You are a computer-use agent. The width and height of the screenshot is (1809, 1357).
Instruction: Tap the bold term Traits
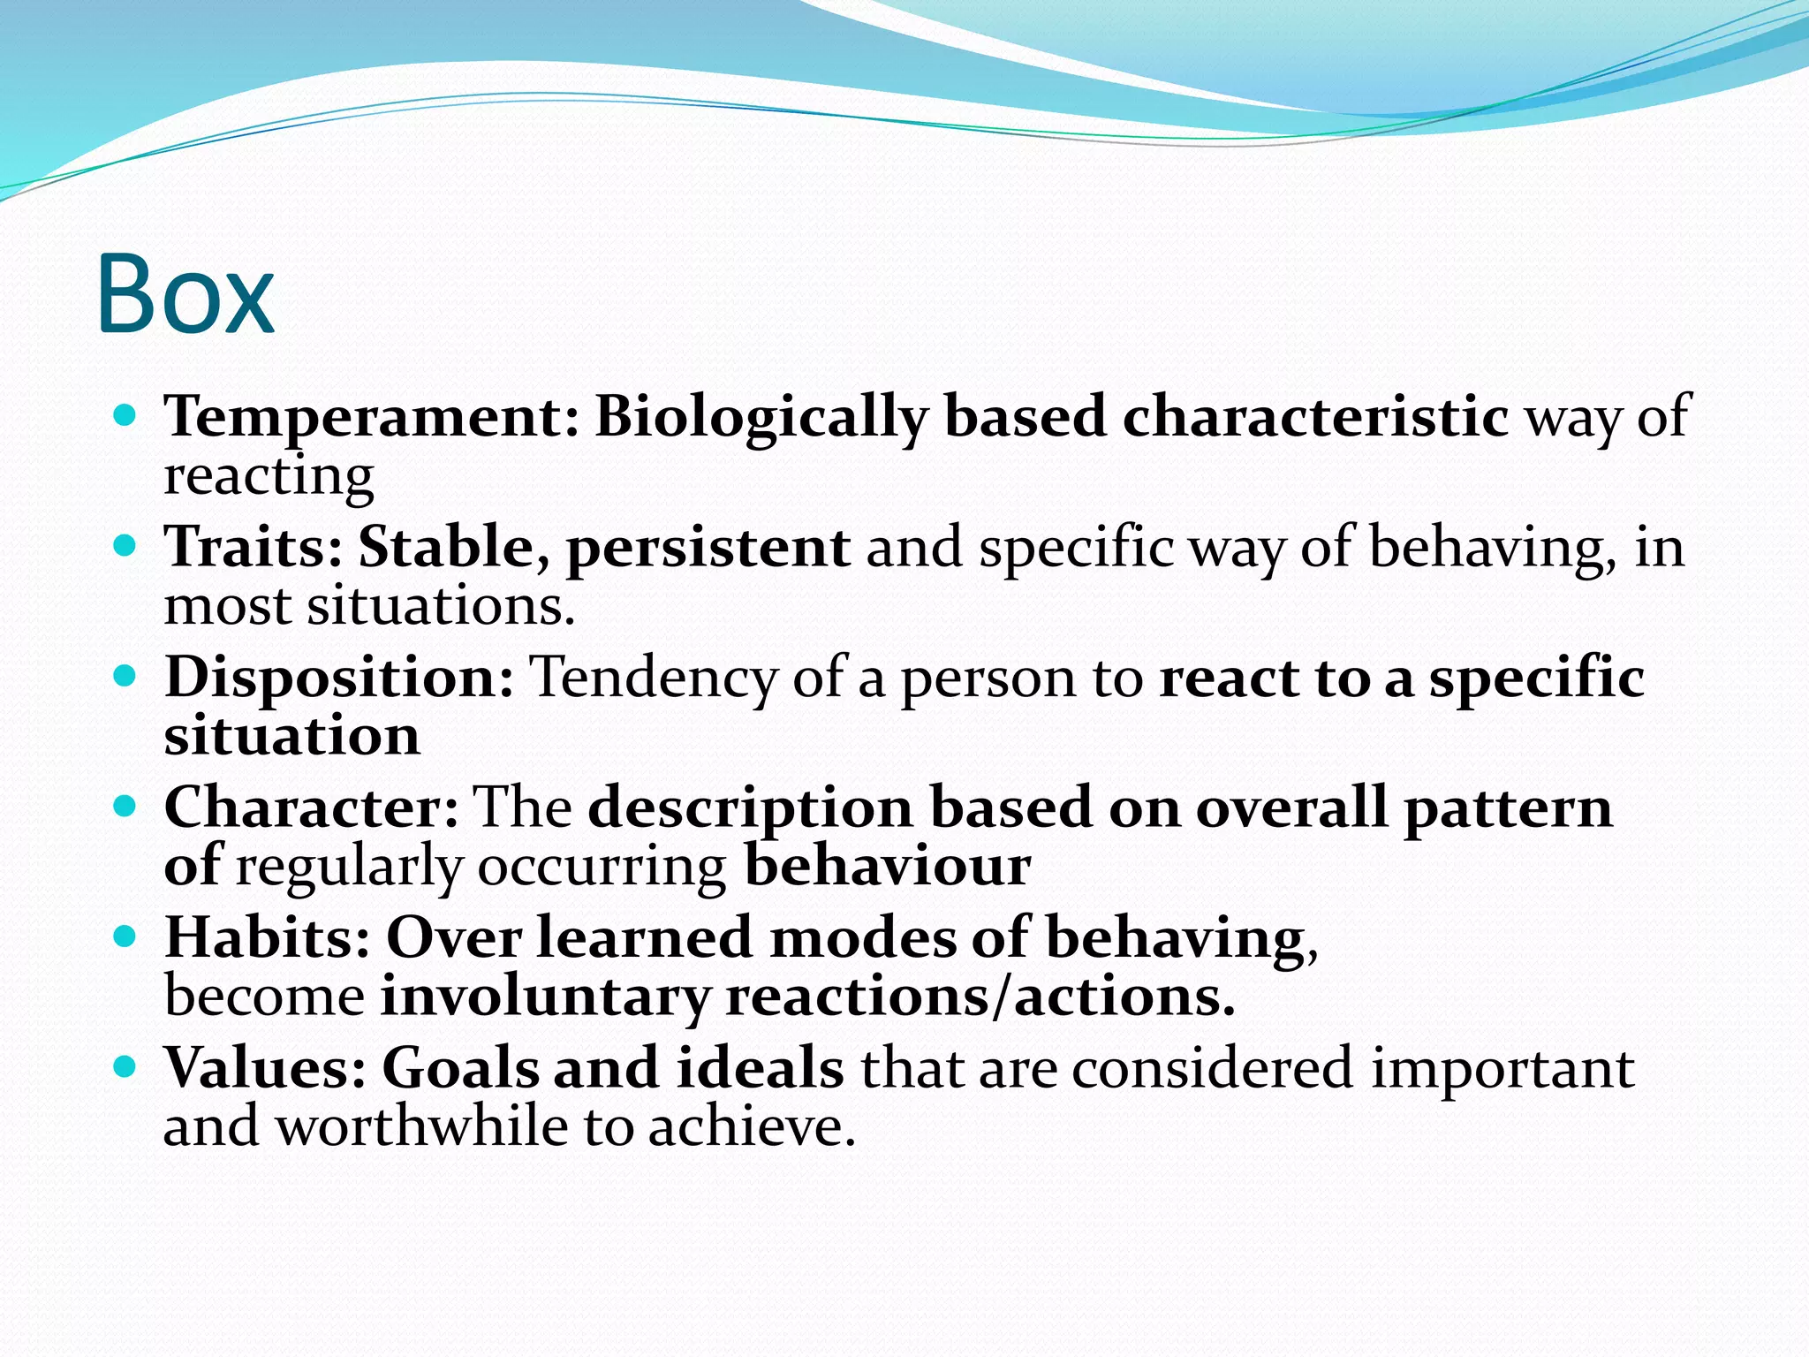(252, 547)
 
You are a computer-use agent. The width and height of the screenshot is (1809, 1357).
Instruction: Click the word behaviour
(887, 866)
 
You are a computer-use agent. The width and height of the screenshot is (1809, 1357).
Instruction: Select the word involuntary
(544, 997)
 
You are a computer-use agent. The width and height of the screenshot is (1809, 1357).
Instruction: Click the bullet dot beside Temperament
(125, 414)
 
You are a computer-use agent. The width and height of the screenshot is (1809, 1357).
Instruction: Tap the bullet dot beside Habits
(125, 936)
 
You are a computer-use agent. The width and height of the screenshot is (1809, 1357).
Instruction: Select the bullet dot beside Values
(125, 1066)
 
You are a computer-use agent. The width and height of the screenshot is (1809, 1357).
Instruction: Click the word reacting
(269, 477)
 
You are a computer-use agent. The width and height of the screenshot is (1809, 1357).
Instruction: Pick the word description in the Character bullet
(751, 807)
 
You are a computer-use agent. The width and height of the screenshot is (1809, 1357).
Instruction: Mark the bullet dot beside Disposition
(125, 676)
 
